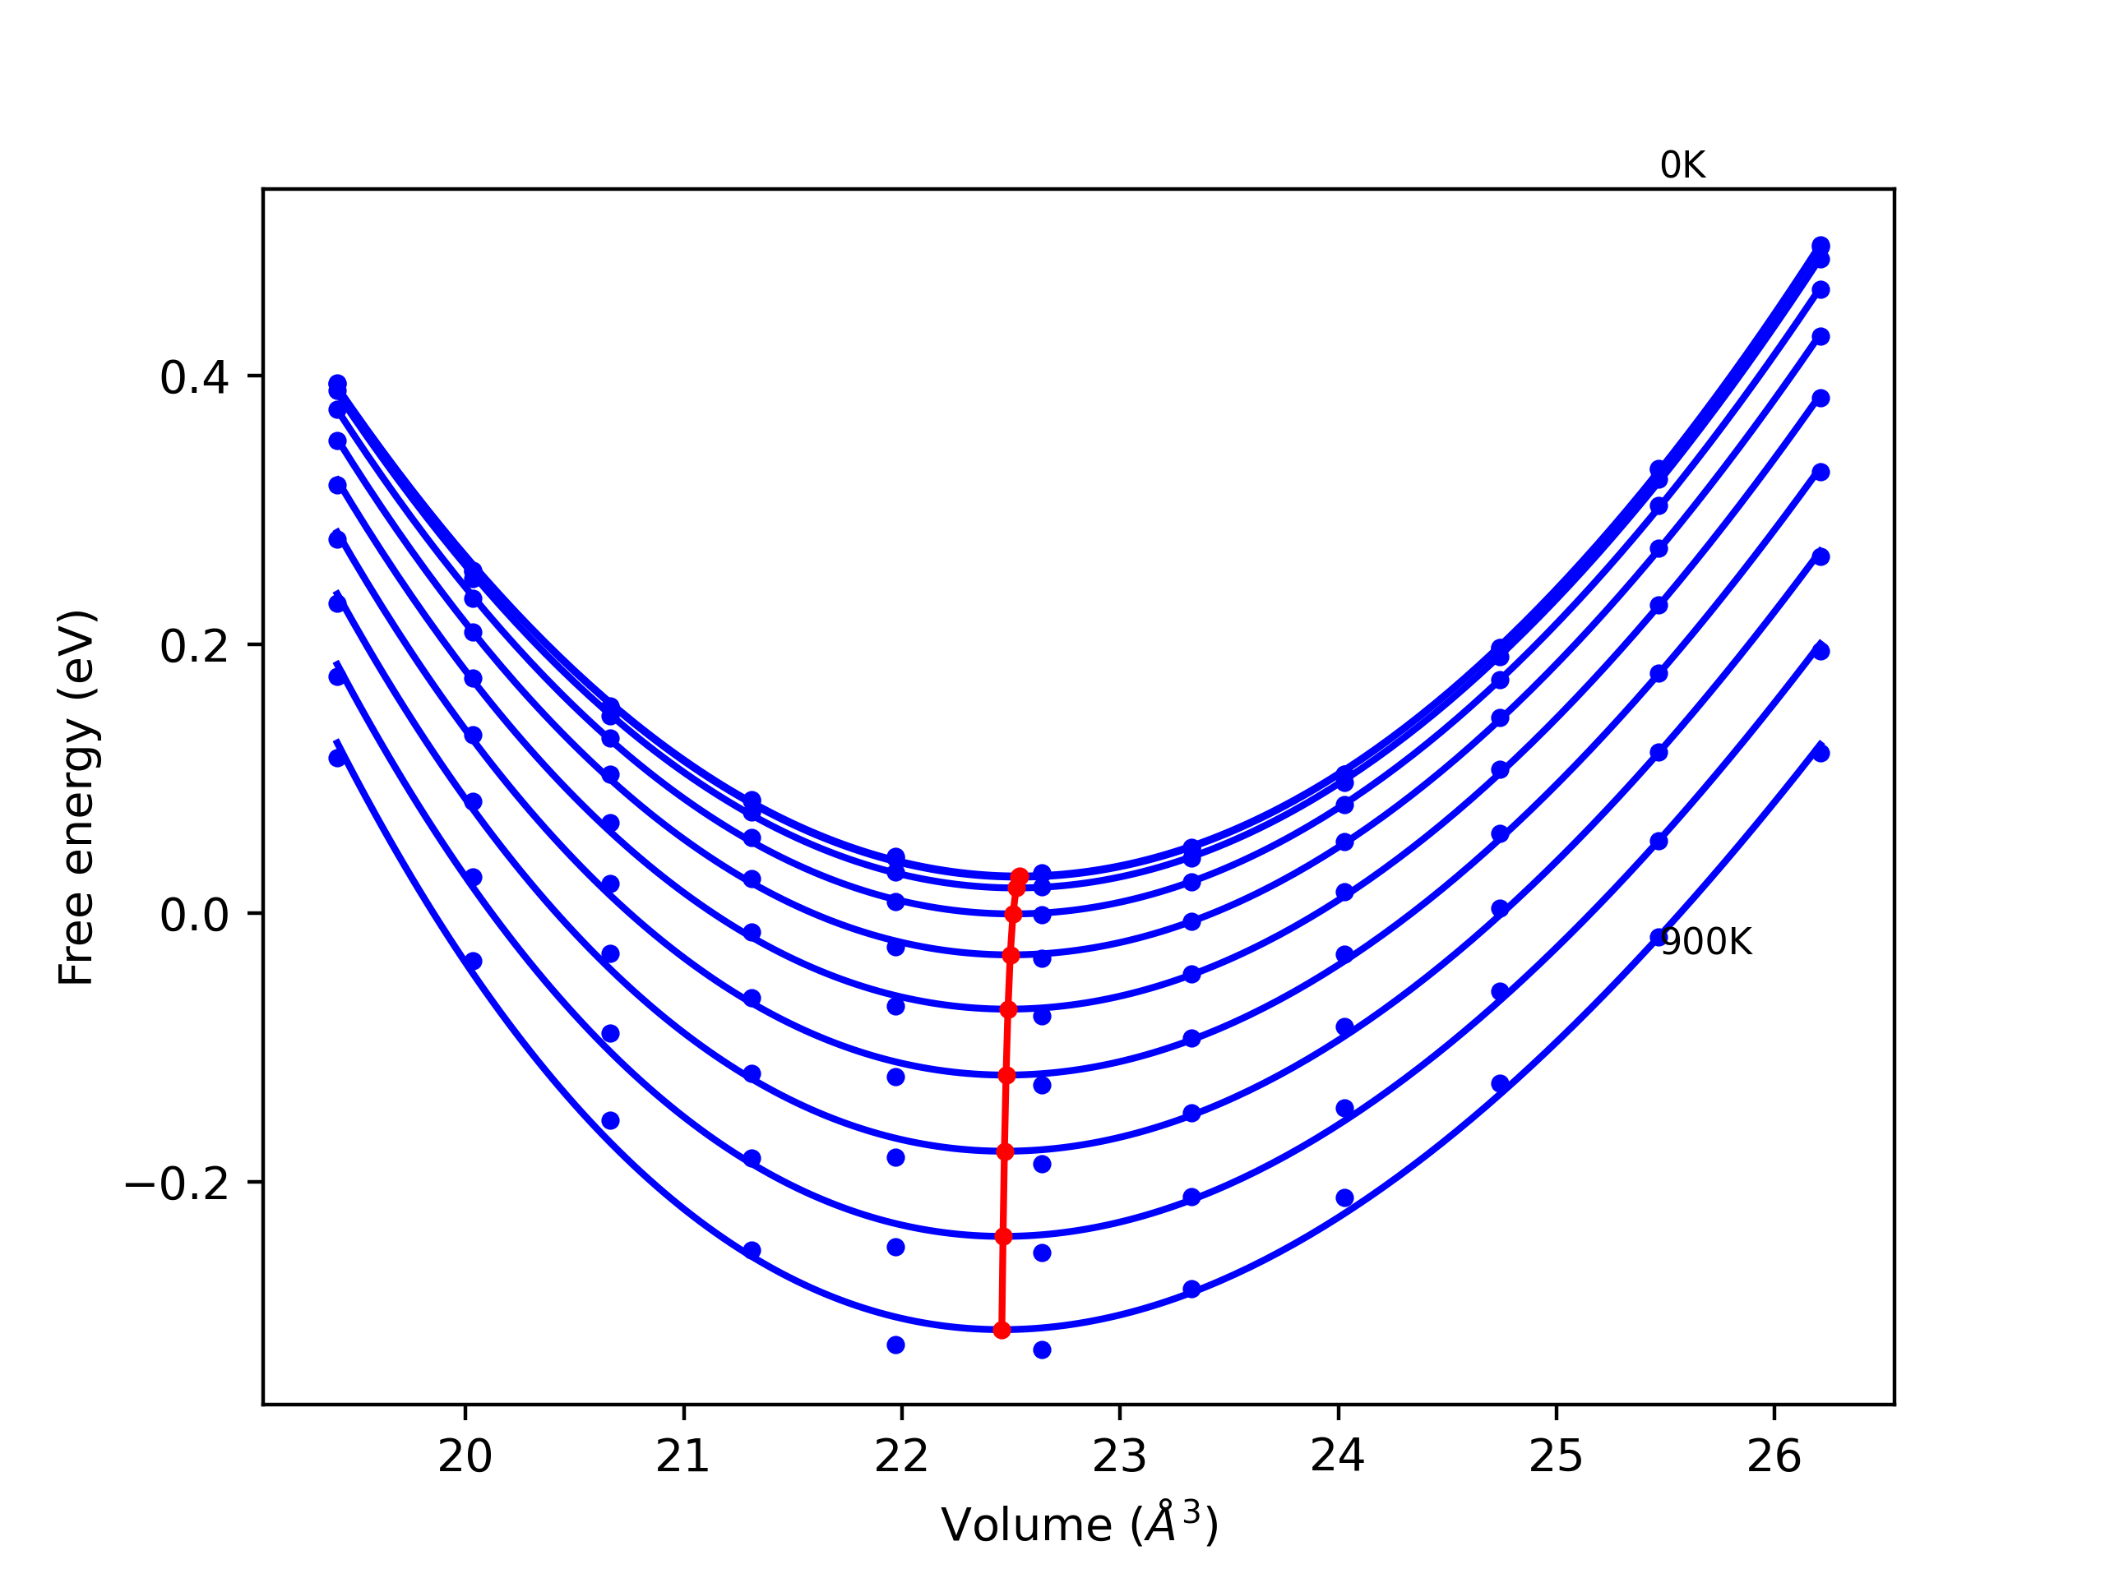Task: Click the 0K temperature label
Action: (x=1682, y=165)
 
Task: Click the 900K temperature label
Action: (x=1705, y=942)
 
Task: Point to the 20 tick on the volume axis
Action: (x=465, y=1456)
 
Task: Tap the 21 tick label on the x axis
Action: (x=682, y=1456)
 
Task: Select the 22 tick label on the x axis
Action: (x=901, y=1456)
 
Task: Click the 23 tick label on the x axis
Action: (x=1119, y=1456)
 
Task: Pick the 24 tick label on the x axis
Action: (x=1337, y=1456)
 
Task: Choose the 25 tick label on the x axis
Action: (x=1556, y=1456)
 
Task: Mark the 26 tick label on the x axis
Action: (x=1774, y=1456)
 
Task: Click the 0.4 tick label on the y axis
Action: (x=194, y=377)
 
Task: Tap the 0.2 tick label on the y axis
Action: (x=194, y=647)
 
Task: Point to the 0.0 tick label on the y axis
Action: (x=194, y=915)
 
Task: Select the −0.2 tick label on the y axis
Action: (x=177, y=1184)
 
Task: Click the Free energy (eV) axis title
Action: (x=76, y=797)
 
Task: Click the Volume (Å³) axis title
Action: (x=1079, y=1524)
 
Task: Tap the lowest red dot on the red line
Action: (x=1002, y=1330)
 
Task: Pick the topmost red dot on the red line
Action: (x=1019, y=876)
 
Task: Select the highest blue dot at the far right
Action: (x=1820, y=246)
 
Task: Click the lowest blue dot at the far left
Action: (x=337, y=758)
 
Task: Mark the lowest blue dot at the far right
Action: (x=1820, y=754)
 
